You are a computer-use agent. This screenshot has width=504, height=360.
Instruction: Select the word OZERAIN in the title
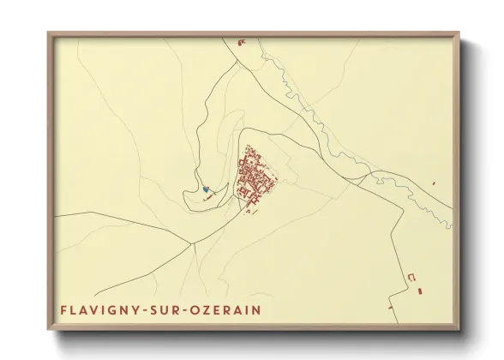coord(229,308)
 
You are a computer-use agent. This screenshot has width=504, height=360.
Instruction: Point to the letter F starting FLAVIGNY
coord(63,308)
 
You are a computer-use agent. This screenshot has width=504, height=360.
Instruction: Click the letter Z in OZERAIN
coord(213,308)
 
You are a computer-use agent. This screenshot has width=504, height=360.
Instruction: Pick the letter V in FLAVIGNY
coord(99,308)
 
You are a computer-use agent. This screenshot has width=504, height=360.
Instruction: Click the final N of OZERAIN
coord(259,308)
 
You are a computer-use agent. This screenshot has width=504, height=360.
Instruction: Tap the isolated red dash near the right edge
coord(435,184)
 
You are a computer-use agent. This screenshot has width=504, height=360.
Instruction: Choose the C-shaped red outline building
coord(411,277)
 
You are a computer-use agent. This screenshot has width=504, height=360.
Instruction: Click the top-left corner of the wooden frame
coord(48,33)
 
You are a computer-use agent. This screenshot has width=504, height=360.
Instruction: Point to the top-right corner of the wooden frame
coord(462,33)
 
